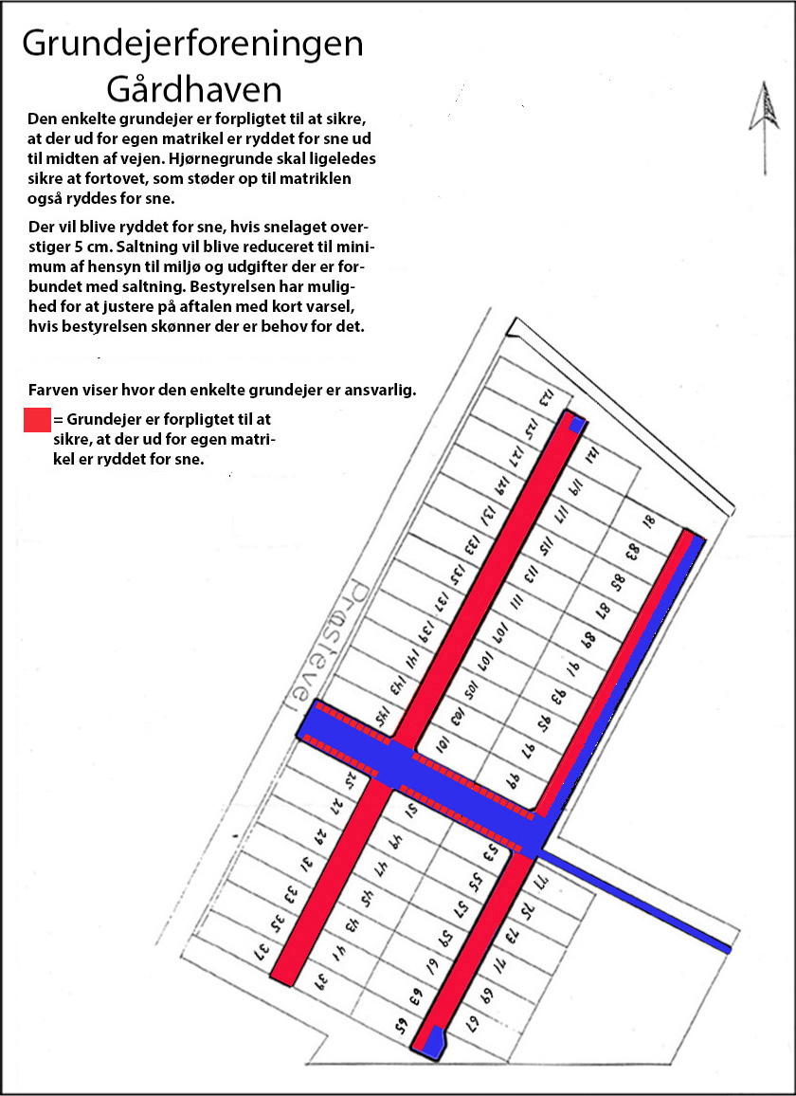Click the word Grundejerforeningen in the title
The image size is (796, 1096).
click(192, 44)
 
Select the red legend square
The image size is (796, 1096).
click(37, 420)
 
